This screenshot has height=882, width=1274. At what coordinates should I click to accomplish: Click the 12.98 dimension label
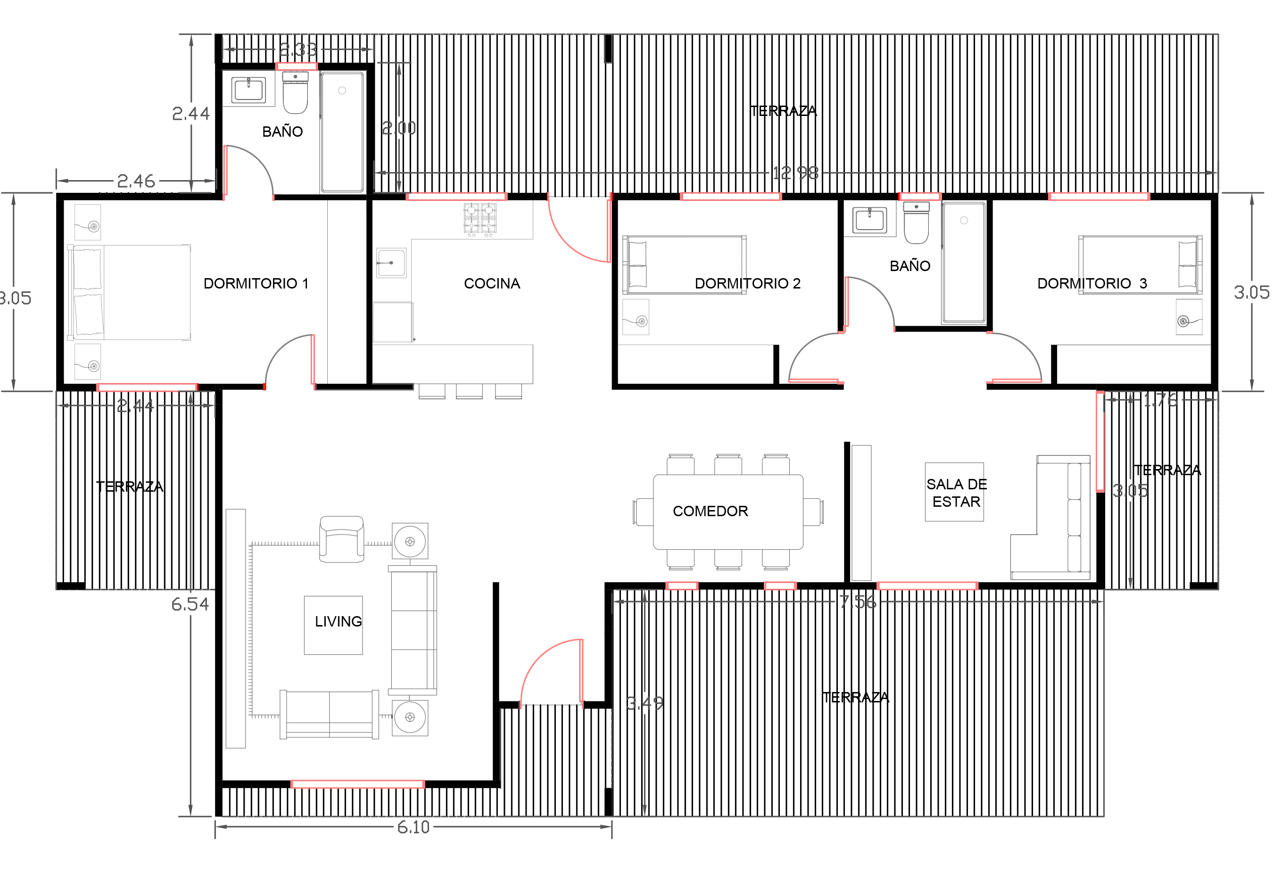pos(795,173)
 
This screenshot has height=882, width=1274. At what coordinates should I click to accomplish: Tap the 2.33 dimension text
pos(298,50)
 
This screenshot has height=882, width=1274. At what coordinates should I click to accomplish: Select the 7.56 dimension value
pos(857,602)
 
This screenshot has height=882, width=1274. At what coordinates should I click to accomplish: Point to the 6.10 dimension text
pos(413,827)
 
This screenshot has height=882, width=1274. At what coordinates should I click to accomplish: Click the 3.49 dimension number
pos(644,703)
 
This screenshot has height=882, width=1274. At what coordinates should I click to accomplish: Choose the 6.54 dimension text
pos(190,604)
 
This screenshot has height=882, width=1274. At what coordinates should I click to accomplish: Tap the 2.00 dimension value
pos(398,128)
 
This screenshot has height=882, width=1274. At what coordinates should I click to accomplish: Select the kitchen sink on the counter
pos(391,263)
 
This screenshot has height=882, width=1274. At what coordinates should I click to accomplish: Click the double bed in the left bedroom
pos(131,292)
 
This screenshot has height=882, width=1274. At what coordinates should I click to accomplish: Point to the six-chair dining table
pos(728,512)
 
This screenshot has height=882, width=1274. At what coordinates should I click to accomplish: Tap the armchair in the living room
pos(341,539)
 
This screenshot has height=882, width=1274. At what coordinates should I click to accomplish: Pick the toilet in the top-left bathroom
pos(295,93)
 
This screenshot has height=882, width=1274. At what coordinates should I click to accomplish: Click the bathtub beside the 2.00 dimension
pos(342,132)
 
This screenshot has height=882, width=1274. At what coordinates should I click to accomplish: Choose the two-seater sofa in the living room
pos(330,714)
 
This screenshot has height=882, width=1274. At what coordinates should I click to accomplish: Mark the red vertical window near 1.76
pos(1100,441)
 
